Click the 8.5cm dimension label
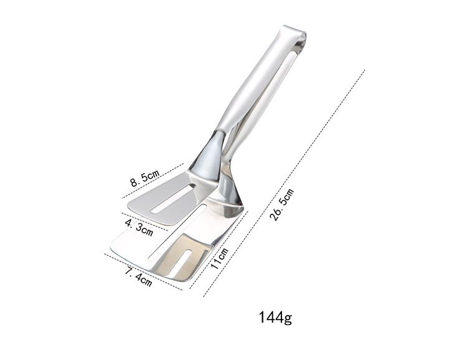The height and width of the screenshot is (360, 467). (145, 178)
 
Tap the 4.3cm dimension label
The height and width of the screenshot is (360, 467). (139, 227)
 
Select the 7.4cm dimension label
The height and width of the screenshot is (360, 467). (138, 277)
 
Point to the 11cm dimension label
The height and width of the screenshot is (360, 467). (219, 258)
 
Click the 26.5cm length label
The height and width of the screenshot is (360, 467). (281, 205)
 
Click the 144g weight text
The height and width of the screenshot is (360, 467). (275, 318)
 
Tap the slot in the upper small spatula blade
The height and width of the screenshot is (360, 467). (173, 199)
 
